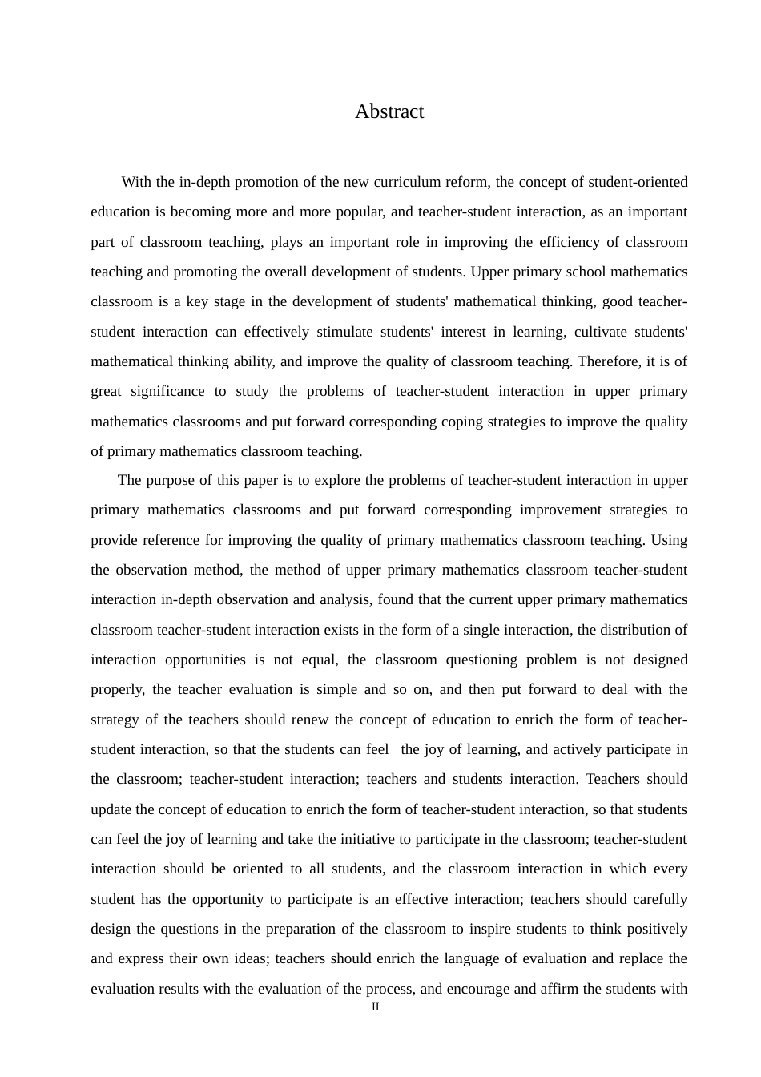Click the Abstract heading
(389, 111)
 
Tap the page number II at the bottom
(376, 1007)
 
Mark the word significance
(167, 391)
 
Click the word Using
(669, 540)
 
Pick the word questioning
(476, 660)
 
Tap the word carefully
(660, 899)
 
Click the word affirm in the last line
(554, 989)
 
